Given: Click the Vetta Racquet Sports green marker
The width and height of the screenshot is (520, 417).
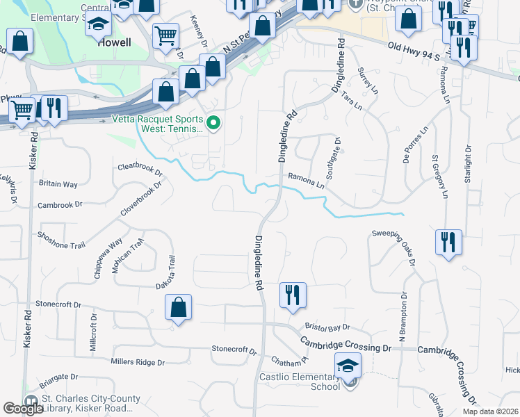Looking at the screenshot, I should click(x=214, y=124).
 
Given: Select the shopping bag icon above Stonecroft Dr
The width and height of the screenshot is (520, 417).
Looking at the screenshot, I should click(x=178, y=306).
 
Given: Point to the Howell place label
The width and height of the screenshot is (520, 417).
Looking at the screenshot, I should click(x=115, y=42).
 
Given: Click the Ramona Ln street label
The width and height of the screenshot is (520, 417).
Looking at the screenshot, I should click(x=307, y=182).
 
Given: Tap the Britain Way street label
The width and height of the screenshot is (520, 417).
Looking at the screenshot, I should click(x=58, y=184).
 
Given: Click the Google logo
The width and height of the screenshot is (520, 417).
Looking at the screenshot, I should click(x=24, y=408).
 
